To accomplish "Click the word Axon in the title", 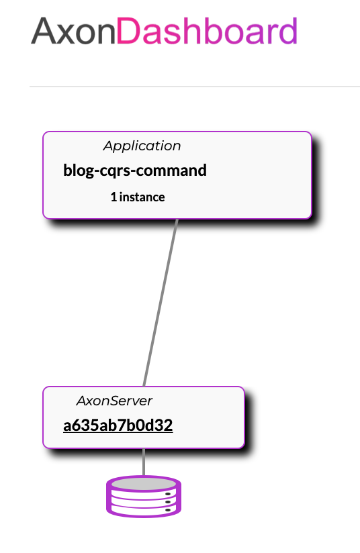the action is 73,31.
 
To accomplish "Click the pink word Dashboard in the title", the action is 207,31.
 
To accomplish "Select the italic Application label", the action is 142,146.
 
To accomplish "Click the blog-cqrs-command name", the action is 135,170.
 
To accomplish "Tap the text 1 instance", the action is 138,197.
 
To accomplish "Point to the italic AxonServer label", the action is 114,401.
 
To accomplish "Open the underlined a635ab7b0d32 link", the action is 118,425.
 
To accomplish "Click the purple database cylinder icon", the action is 144,497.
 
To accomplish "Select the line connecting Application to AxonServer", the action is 161,303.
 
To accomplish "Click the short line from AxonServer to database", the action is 144,462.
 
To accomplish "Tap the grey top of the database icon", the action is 144,483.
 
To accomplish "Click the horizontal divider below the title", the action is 195,86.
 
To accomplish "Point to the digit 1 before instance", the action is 114,197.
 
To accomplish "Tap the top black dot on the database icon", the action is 168,494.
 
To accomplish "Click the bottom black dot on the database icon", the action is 168,510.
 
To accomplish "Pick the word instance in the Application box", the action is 142,197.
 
